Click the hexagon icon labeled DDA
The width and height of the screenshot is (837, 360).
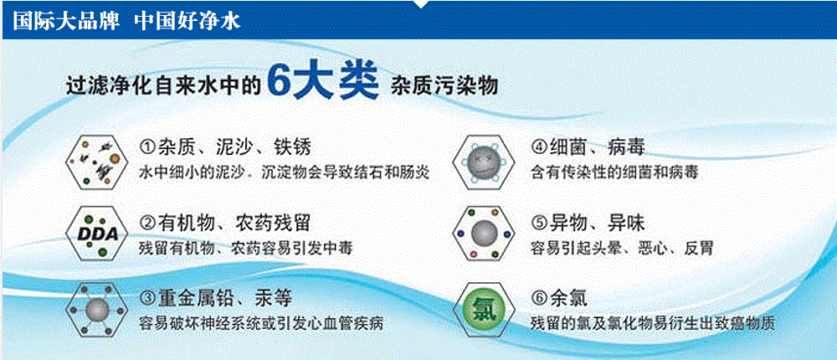[x=98, y=234]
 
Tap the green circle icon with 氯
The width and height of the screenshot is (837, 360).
[x=483, y=310]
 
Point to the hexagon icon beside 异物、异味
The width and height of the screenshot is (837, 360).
[x=483, y=234]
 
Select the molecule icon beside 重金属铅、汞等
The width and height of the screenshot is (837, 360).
[x=98, y=310]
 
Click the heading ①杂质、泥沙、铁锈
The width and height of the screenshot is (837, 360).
[x=224, y=147]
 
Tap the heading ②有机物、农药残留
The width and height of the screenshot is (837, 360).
[x=224, y=224]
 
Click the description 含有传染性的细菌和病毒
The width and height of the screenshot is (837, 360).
[x=614, y=173]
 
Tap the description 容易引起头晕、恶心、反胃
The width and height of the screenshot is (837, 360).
[x=622, y=249]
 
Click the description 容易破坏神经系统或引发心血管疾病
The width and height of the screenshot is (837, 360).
[x=260, y=324]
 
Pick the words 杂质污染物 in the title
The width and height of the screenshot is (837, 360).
[x=444, y=86]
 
